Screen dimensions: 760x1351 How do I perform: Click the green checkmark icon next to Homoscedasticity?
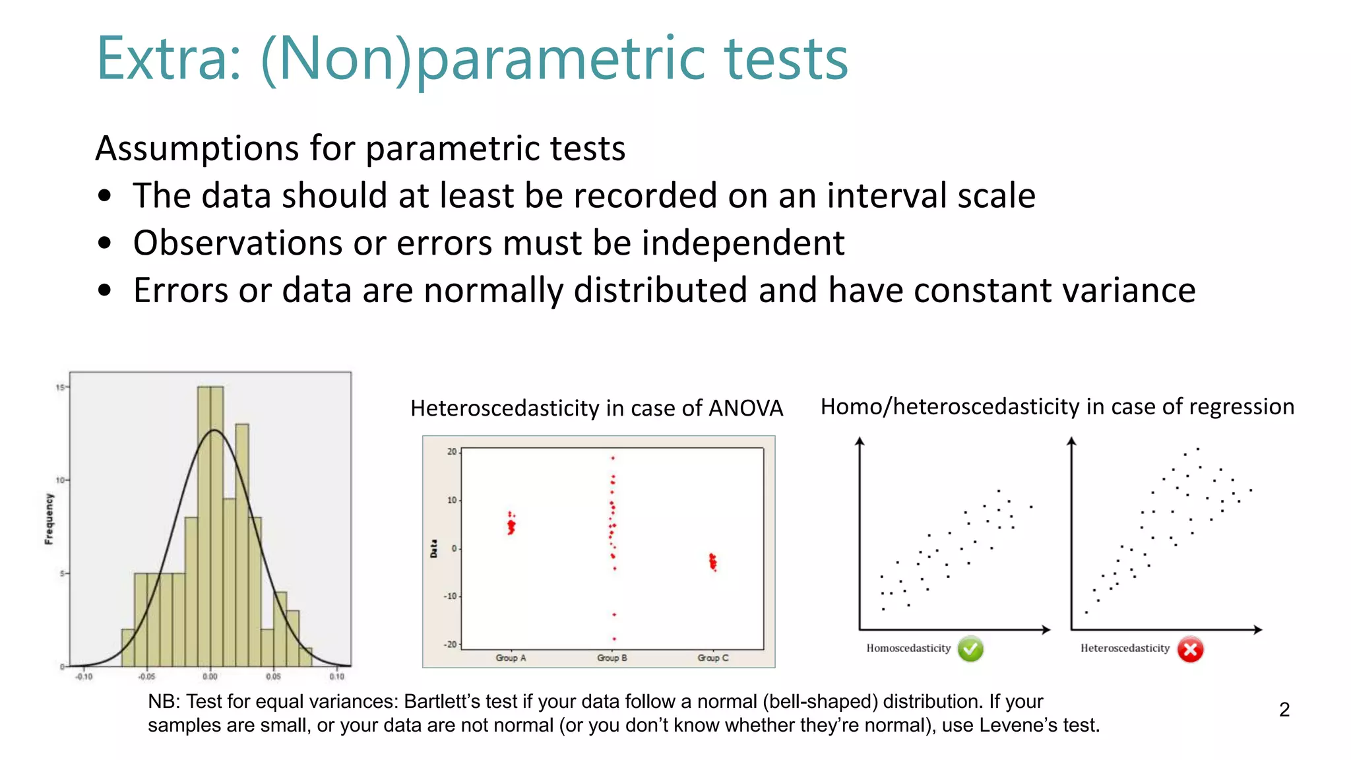[970, 649]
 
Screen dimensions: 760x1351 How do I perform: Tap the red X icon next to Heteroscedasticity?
[1190, 650]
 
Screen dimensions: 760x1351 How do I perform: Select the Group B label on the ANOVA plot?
[612, 658]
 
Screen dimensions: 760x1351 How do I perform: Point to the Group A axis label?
[511, 658]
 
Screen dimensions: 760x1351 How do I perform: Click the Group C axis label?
[713, 658]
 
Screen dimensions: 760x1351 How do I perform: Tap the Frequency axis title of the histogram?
[49, 519]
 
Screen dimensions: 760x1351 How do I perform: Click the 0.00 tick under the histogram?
[210, 677]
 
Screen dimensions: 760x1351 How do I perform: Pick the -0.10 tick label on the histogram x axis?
[84, 677]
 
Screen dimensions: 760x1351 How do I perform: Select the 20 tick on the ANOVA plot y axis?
[452, 452]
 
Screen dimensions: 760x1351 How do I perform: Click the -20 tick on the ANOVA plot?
[451, 645]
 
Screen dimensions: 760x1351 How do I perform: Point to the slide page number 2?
[1284, 710]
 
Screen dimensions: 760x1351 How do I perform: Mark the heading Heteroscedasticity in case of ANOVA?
[596, 408]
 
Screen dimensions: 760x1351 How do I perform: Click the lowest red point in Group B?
[614, 639]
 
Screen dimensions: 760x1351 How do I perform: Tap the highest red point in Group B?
[613, 458]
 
